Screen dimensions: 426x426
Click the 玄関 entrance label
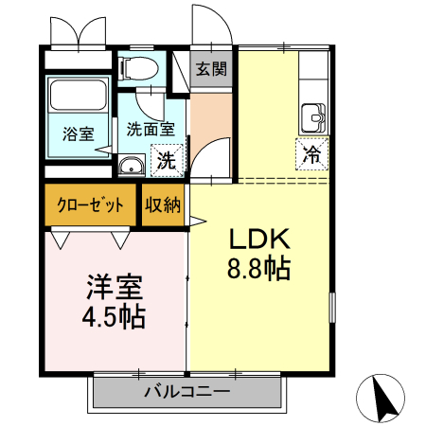(211, 69)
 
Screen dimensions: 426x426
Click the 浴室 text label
(78, 133)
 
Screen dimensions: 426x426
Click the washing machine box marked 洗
(167, 159)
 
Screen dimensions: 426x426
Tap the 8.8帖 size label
(257, 269)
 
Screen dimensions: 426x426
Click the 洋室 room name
(114, 285)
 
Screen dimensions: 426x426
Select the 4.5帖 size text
(114, 315)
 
